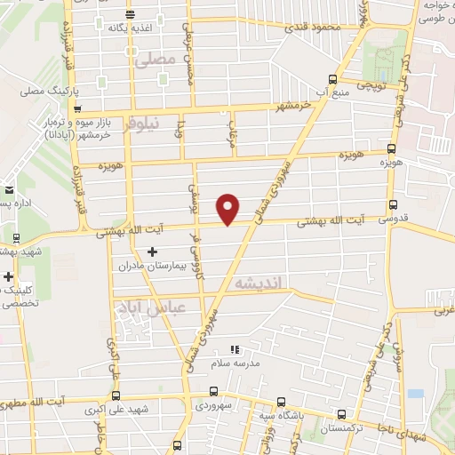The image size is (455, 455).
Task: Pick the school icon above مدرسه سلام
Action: [235, 351]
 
